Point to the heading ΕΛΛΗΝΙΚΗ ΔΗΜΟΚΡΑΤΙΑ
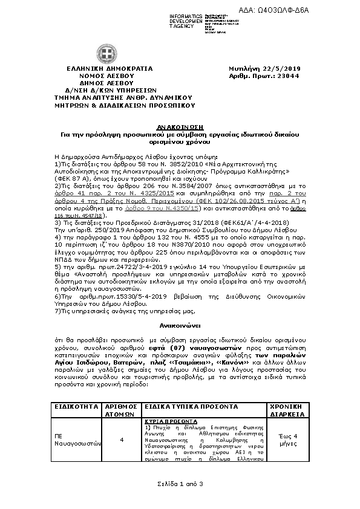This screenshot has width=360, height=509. (x=101, y=70)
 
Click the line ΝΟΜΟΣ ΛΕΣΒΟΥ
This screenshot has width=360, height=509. (x=101, y=76)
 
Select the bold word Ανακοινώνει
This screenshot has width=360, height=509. (x=180, y=325)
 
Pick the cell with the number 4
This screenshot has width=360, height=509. (x=122, y=440)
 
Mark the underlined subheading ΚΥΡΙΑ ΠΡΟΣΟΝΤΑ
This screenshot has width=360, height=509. (x=171, y=420)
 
